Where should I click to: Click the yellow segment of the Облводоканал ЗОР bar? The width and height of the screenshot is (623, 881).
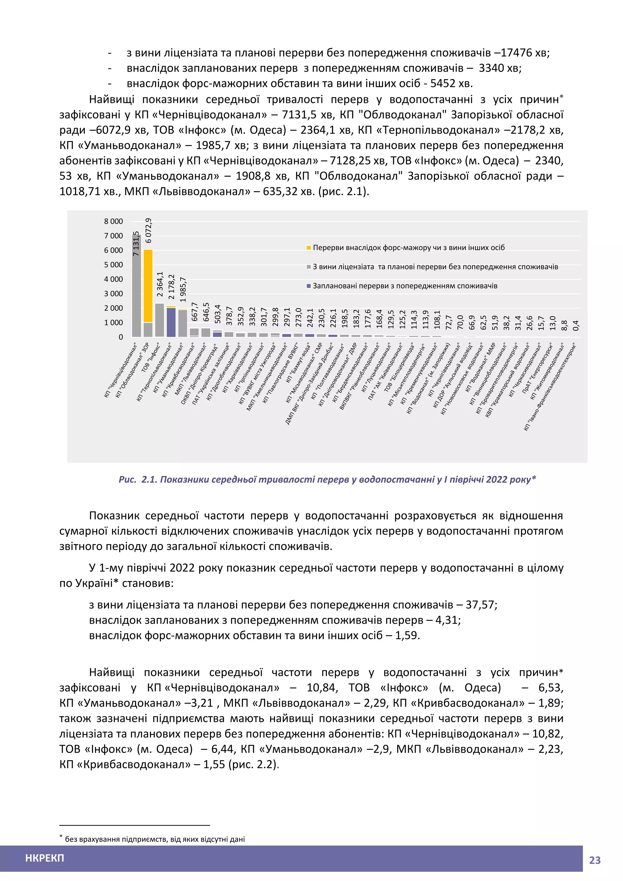(x=148, y=286)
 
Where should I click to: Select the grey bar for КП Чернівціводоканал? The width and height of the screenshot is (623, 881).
(x=137, y=286)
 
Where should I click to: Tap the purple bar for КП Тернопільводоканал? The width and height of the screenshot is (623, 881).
(x=171, y=322)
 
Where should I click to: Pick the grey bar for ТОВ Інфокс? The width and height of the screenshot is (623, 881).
(x=160, y=320)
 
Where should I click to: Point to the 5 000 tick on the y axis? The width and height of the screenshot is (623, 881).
(x=113, y=265)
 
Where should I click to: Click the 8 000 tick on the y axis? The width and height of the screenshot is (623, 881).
(x=113, y=221)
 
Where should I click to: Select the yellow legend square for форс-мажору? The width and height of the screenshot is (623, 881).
(x=309, y=248)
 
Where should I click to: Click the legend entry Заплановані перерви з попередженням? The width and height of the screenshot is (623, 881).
(x=405, y=286)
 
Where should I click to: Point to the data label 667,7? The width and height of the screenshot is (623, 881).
(x=194, y=312)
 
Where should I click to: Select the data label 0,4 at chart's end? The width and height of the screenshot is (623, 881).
(x=576, y=326)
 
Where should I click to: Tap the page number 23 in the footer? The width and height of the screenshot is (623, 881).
(x=595, y=860)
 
